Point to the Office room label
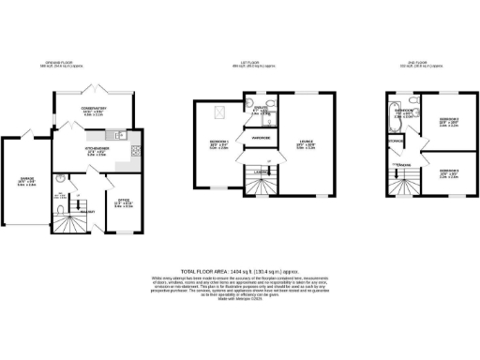pos(122,200)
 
